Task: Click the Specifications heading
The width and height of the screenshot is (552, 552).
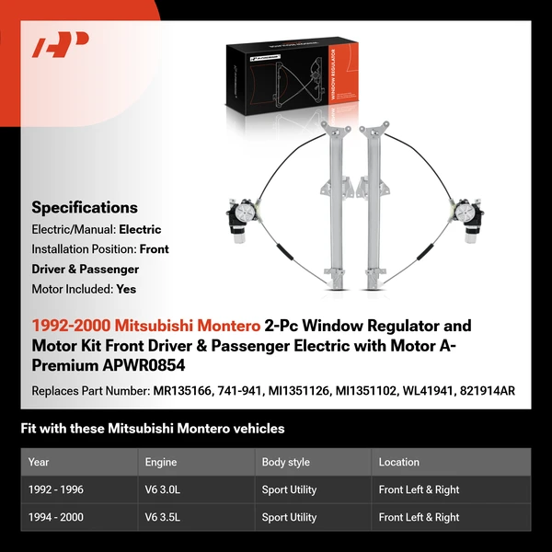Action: (85, 208)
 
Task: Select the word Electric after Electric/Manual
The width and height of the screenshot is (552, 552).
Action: (139, 229)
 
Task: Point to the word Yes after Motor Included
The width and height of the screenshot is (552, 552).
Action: (127, 288)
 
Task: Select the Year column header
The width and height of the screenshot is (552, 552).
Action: (39, 462)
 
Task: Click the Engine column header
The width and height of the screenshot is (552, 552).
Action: (161, 462)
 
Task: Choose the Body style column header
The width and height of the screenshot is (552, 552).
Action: (286, 462)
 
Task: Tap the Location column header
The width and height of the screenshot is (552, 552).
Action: (398, 462)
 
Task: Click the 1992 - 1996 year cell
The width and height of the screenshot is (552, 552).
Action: (56, 489)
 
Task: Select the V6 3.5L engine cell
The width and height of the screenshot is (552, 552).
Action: (164, 517)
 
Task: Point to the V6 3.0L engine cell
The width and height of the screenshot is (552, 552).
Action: (164, 489)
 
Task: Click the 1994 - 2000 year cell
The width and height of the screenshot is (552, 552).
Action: (56, 517)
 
